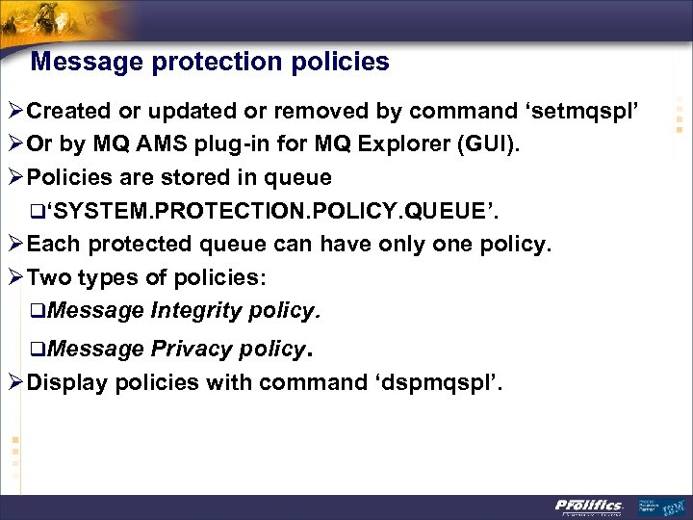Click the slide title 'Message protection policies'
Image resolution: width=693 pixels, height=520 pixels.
[x=210, y=63]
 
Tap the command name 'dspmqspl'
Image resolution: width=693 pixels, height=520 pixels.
[x=443, y=382]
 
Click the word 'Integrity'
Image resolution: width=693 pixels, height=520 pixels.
[x=195, y=311]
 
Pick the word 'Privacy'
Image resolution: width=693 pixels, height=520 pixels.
[x=190, y=348]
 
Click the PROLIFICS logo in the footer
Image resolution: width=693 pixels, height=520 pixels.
[x=589, y=507]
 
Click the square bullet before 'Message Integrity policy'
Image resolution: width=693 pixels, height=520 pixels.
[x=36, y=312]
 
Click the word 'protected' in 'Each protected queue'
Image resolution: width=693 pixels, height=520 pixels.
[x=151, y=245]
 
